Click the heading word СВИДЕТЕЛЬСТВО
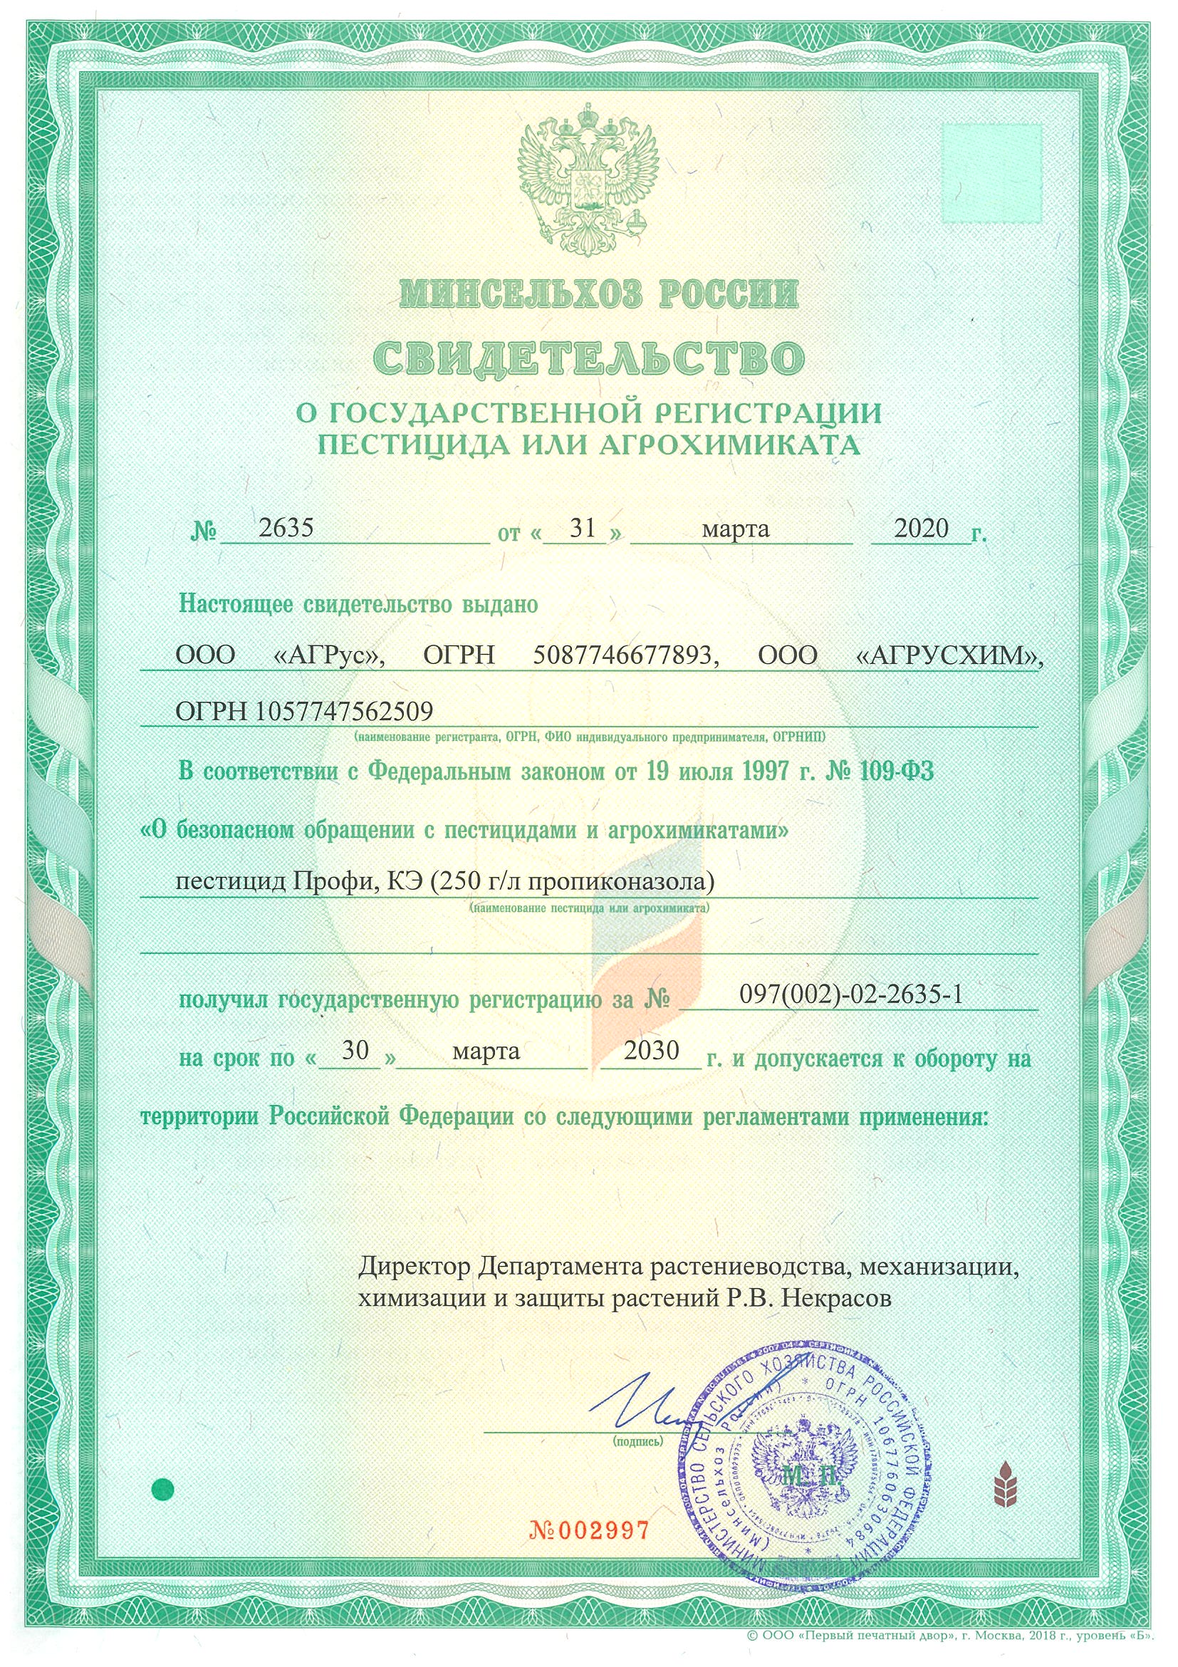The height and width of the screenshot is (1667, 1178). click(588, 357)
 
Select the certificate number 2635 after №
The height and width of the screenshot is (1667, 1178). click(286, 528)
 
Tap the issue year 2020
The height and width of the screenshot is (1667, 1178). click(921, 528)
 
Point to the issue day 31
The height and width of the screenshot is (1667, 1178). click(583, 528)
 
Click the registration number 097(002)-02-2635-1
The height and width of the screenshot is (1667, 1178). click(850, 994)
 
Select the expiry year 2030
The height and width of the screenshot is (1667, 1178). click(651, 1051)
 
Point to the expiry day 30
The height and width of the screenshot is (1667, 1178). click(355, 1051)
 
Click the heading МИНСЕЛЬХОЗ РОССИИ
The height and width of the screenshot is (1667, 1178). click(599, 294)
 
